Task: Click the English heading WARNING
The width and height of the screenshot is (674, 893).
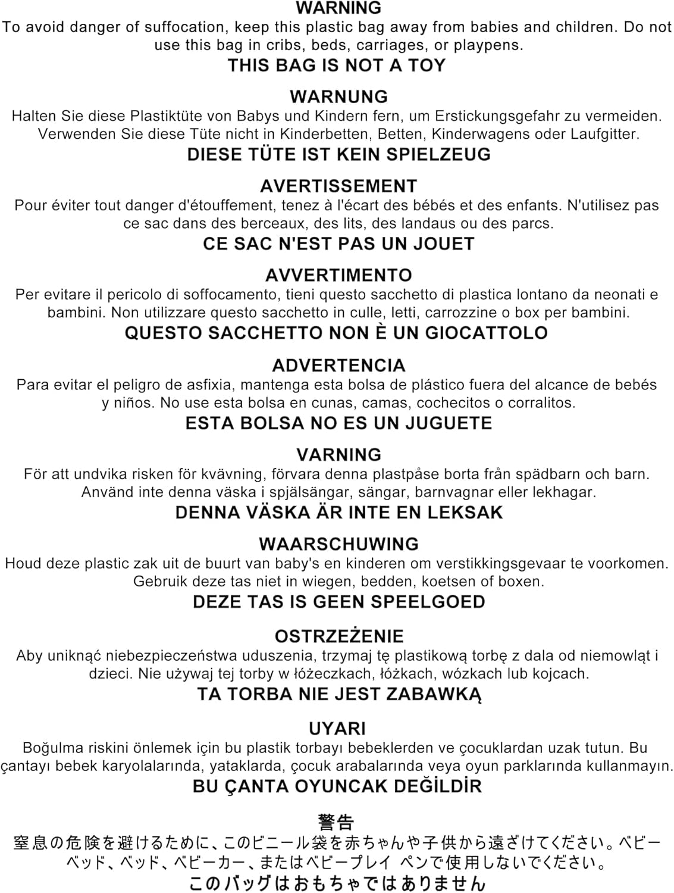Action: tap(338, 8)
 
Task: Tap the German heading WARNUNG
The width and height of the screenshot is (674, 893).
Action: tap(338, 96)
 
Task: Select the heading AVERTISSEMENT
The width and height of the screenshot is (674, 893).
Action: tap(338, 186)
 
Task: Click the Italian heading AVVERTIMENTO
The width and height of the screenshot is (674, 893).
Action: tap(338, 275)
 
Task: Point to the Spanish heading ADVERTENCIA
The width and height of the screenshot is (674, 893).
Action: tap(338, 365)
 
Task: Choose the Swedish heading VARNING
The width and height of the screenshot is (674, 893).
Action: tap(338, 455)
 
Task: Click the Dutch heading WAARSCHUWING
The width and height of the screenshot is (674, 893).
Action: tap(338, 544)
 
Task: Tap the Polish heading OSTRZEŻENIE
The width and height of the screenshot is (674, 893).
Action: tap(338, 636)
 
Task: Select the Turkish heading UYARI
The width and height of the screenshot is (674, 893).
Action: tap(337, 729)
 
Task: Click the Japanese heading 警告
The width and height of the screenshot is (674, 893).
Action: tap(337, 823)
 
